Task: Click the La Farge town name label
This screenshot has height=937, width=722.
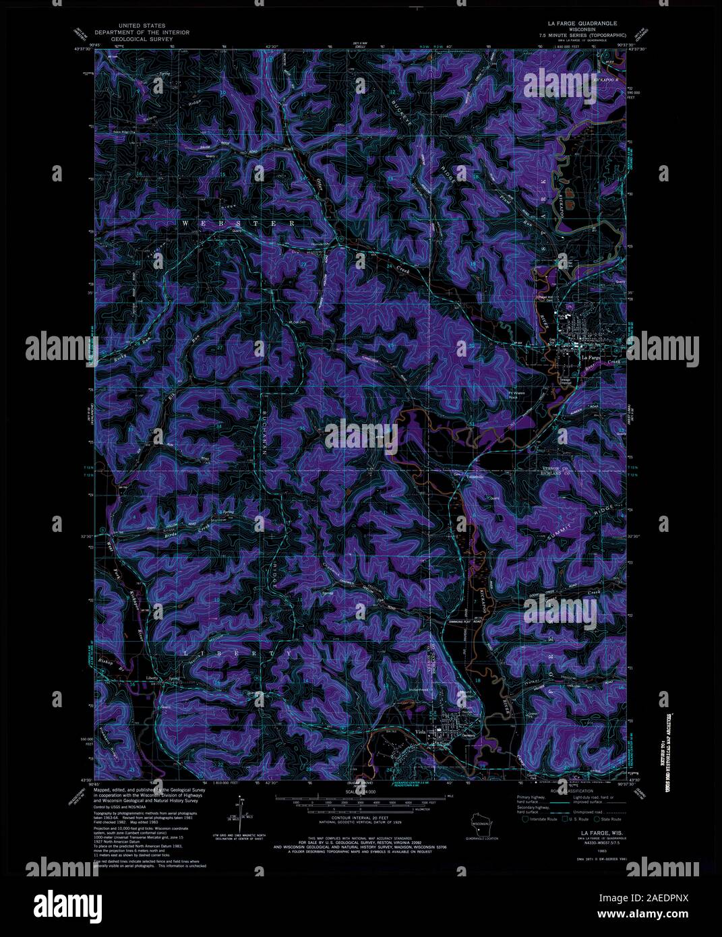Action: coord(591,357)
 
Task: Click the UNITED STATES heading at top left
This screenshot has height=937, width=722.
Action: coord(142,26)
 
